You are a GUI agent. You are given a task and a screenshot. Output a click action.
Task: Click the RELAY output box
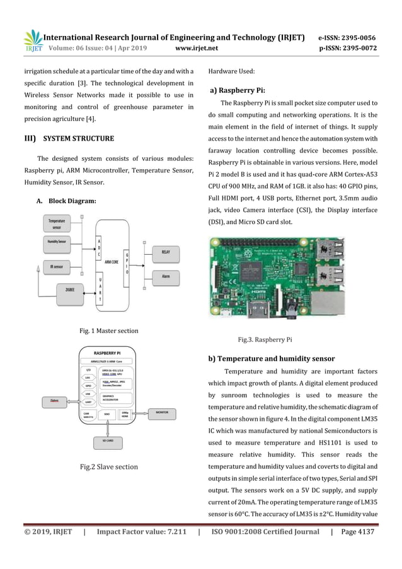[x=166, y=252]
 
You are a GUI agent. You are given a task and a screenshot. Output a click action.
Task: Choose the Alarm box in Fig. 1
[x=166, y=276]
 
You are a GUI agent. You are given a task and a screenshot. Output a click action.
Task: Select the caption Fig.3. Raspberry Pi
[x=265, y=339]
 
